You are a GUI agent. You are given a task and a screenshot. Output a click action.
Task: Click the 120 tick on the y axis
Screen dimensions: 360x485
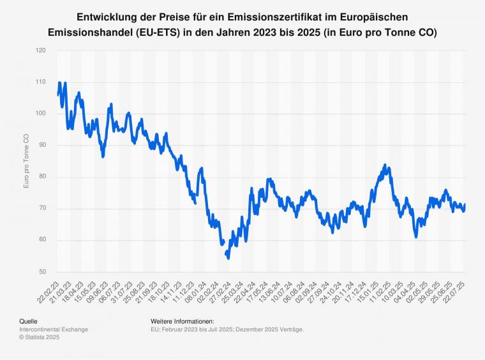41,50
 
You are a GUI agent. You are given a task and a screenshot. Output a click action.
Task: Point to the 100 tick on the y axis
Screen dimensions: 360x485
41,114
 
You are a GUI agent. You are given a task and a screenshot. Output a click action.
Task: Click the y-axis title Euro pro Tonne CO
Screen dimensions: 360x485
26,161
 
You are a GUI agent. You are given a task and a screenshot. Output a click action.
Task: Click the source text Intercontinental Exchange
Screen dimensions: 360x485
54,329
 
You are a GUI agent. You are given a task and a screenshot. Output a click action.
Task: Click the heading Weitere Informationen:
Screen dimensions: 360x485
183,321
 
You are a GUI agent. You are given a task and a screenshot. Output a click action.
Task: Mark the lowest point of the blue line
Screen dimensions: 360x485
228,258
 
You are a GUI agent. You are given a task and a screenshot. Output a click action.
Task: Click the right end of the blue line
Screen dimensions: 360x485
465,204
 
